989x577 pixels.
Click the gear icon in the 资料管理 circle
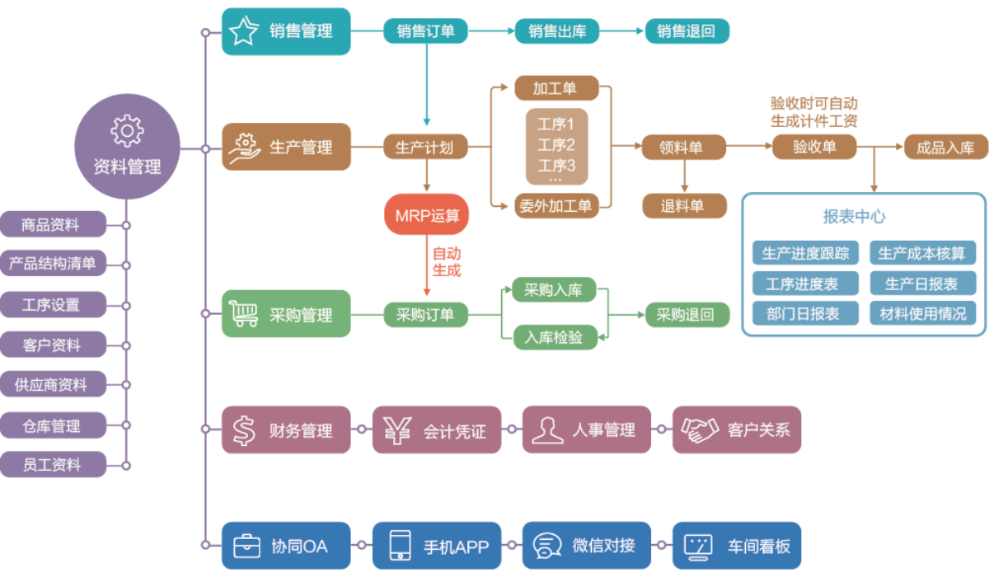coord(127,131)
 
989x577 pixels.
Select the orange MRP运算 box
coord(426,215)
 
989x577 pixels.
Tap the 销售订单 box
coord(425,31)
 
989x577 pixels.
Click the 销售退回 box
coord(687,31)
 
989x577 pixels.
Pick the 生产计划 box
coord(425,148)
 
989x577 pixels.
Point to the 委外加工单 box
coord(556,205)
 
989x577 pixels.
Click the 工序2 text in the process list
coord(556,146)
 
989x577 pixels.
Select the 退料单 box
coord(683,205)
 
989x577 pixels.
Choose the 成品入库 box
coord(945,148)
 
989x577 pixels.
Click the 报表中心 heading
coord(855,217)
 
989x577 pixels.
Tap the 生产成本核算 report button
coord(922,253)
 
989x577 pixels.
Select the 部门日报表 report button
coord(804,313)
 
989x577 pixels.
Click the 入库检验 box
coord(554,337)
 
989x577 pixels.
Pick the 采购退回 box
coord(687,315)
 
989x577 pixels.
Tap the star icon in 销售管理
coord(243,31)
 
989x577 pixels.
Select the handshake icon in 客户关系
coord(699,429)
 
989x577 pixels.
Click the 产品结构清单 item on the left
coord(53,265)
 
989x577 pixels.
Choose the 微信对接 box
coord(586,546)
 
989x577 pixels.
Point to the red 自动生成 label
coord(446,261)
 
